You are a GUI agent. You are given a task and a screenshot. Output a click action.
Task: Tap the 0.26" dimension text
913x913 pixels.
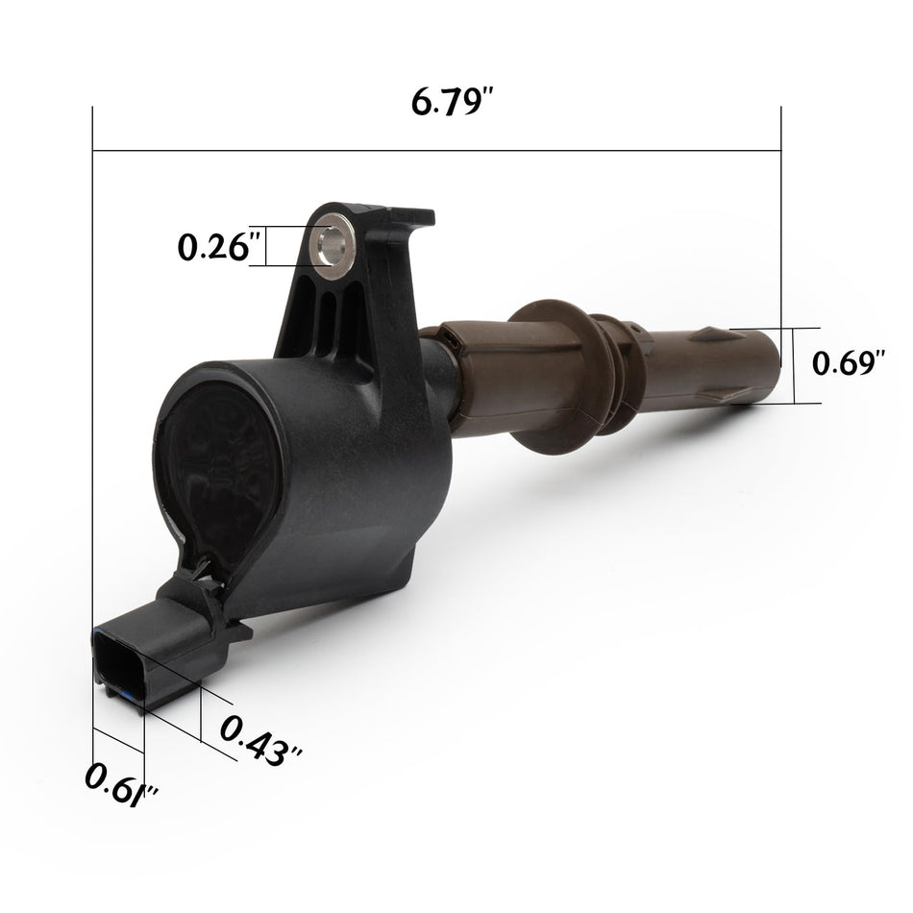pyautogui.click(x=213, y=247)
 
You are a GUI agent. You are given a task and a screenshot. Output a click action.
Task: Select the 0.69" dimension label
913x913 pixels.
pyautogui.click(x=849, y=362)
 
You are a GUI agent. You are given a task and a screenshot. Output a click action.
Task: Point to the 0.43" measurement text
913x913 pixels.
pyautogui.click(x=260, y=740)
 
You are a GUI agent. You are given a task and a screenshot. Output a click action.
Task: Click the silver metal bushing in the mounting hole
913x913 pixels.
pyautogui.click(x=332, y=246)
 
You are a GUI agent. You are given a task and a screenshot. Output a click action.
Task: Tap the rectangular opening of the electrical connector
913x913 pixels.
pyautogui.click(x=118, y=666)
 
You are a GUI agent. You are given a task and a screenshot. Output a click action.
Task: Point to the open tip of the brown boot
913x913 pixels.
pyautogui.click(x=771, y=365)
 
